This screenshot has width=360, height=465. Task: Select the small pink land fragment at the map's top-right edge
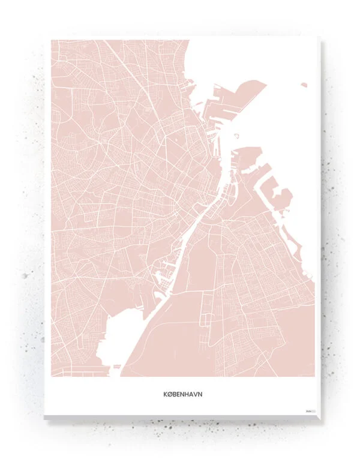(304, 85)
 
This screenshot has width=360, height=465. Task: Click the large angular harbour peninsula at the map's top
(240, 96)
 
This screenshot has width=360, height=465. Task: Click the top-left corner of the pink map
(52, 41)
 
